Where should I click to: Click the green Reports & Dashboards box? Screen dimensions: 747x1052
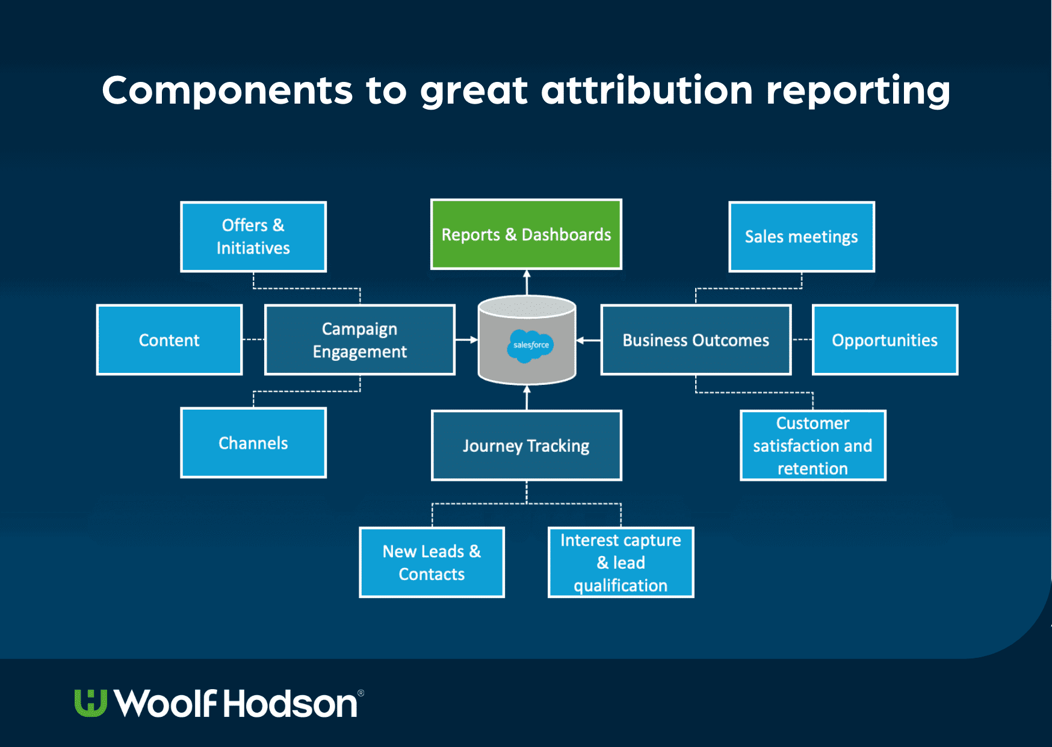click(526, 234)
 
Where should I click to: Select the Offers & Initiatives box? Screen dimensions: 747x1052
click(253, 237)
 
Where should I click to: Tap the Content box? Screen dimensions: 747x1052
click(169, 340)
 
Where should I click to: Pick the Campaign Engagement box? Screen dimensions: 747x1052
click(359, 340)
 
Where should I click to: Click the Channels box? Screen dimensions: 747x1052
click(253, 443)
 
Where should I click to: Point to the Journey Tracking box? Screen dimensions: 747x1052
click(526, 446)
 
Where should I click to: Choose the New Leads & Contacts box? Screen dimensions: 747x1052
click(432, 562)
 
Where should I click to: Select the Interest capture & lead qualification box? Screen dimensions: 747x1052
click(620, 562)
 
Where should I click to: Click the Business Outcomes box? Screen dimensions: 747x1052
click(696, 340)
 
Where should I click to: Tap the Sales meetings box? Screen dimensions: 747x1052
click(801, 237)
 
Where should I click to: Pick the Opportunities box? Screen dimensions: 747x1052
click(885, 340)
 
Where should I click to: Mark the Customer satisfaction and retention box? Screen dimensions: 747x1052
click(812, 446)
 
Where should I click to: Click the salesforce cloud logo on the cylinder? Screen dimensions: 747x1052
click(530, 345)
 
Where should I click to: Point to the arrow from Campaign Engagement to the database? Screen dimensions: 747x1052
click(466, 340)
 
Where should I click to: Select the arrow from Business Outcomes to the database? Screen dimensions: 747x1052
click(588, 340)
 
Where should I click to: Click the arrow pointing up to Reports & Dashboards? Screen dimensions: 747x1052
click(527, 282)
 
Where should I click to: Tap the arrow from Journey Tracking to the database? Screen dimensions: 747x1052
click(527, 398)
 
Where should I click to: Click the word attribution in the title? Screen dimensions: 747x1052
click(646, 90)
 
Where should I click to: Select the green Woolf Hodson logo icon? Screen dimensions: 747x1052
click(91, 703)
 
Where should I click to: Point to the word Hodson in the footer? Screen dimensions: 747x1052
click(291, 704)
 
